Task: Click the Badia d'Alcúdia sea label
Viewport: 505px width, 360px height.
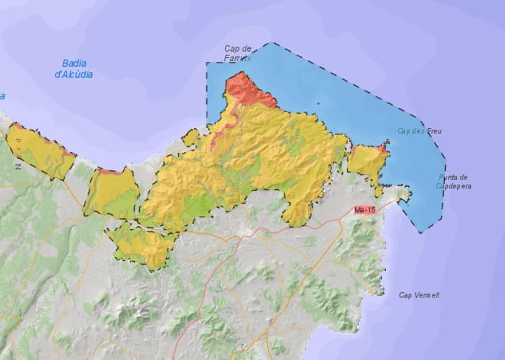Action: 74,69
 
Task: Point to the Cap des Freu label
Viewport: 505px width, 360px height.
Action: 419,131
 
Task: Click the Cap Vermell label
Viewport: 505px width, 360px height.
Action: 419,295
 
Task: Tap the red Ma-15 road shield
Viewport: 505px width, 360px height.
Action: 364,209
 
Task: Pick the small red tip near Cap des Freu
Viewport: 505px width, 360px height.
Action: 383,147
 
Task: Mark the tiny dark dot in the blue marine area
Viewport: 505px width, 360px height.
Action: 318,103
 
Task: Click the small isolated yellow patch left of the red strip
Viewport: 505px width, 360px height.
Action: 191,138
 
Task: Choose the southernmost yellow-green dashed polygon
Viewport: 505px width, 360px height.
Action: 143,246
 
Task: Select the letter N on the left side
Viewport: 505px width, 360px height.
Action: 18,167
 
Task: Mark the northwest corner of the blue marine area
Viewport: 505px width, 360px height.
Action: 207,63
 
